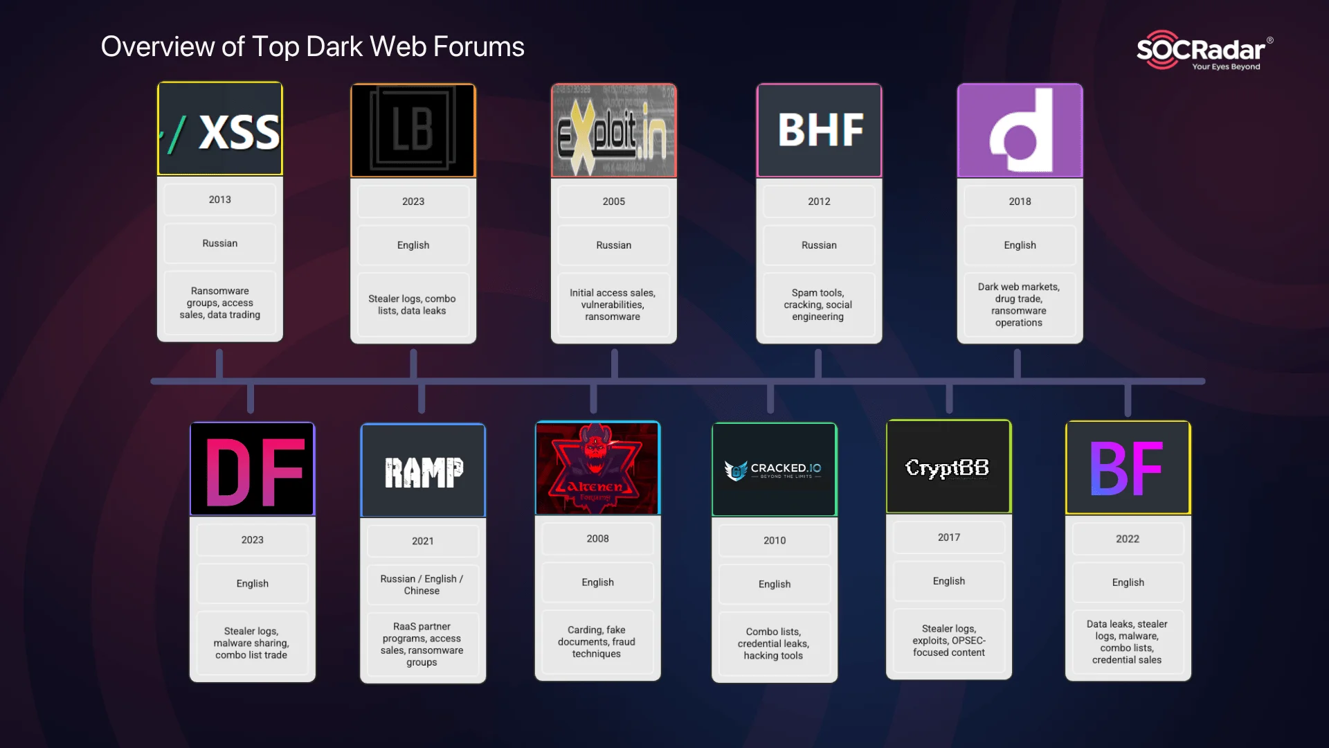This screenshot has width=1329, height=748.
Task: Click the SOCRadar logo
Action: pos(1203,50)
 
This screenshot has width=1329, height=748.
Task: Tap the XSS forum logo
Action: pos(220,130)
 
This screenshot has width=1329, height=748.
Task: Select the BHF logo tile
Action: pos(819,130)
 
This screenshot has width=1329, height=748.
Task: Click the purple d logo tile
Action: pos(1020,130)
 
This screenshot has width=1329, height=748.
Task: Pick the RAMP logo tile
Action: pos(423,471)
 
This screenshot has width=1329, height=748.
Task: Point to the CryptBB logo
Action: pos(948,467)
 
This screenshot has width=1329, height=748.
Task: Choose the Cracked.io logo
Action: pos(774,470)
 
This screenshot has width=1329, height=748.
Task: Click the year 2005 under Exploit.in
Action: pos(613,202)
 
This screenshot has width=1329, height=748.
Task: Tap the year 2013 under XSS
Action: pos(220,199)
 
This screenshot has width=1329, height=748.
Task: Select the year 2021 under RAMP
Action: pos(423,541)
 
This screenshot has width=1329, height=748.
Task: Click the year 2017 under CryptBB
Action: pos(948,537)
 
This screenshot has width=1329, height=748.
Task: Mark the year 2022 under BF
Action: pos(1128,539)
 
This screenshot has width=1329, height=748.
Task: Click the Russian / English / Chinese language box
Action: pos(422,585)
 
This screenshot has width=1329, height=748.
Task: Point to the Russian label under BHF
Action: pos(819,245)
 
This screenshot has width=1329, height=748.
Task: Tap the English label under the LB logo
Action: pos(413,245)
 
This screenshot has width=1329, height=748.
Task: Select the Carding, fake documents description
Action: pos(597,641)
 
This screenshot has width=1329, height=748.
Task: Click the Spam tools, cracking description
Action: pos(818,305)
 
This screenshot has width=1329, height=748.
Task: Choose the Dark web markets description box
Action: pos(1019,305)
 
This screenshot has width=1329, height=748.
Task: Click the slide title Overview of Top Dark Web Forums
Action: pos(313,47)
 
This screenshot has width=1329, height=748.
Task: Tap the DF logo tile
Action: pos(253,470)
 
